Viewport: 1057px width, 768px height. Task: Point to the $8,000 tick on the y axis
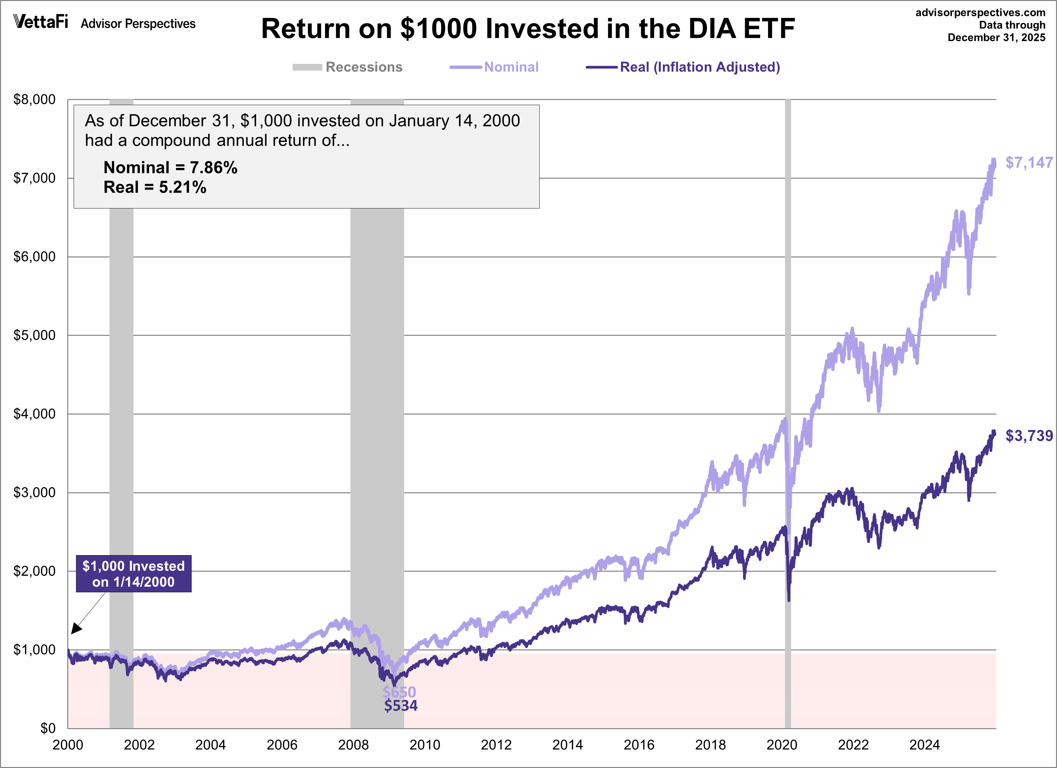point(34,99)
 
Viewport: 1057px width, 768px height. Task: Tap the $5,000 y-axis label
point(34,335)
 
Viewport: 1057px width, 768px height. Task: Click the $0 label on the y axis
point(48,728)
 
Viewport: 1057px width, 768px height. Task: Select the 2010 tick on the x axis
point(424,745)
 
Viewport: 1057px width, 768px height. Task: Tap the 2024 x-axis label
point(924,745)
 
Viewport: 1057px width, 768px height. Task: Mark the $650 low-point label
point(399,692)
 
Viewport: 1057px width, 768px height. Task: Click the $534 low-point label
point(401,705)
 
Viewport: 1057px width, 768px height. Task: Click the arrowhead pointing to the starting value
point(76,629)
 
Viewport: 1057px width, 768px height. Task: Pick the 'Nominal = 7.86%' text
point(170,167)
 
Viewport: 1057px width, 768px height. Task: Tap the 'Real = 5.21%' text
point(155,187)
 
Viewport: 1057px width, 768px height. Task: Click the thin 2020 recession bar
point(788,326)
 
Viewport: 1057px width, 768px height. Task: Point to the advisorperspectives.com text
point(980,13)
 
